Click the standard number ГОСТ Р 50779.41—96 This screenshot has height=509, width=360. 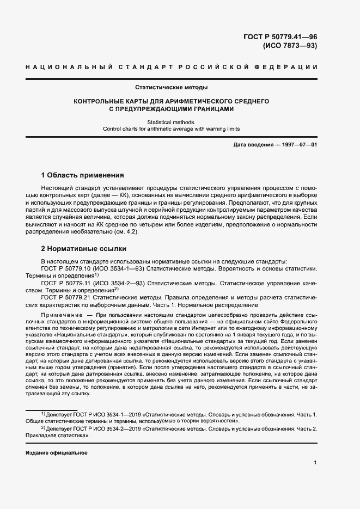[x=282, y=36]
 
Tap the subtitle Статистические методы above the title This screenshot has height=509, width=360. [x=171, y=87]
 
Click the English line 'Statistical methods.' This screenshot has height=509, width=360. [x=171, y=122]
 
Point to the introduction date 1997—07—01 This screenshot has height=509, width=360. [x=297, y=145]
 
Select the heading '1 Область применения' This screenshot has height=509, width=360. [x=83, y=175]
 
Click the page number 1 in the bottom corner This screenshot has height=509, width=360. [x=315, y=463]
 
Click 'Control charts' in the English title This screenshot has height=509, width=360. [x=121, y=129]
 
